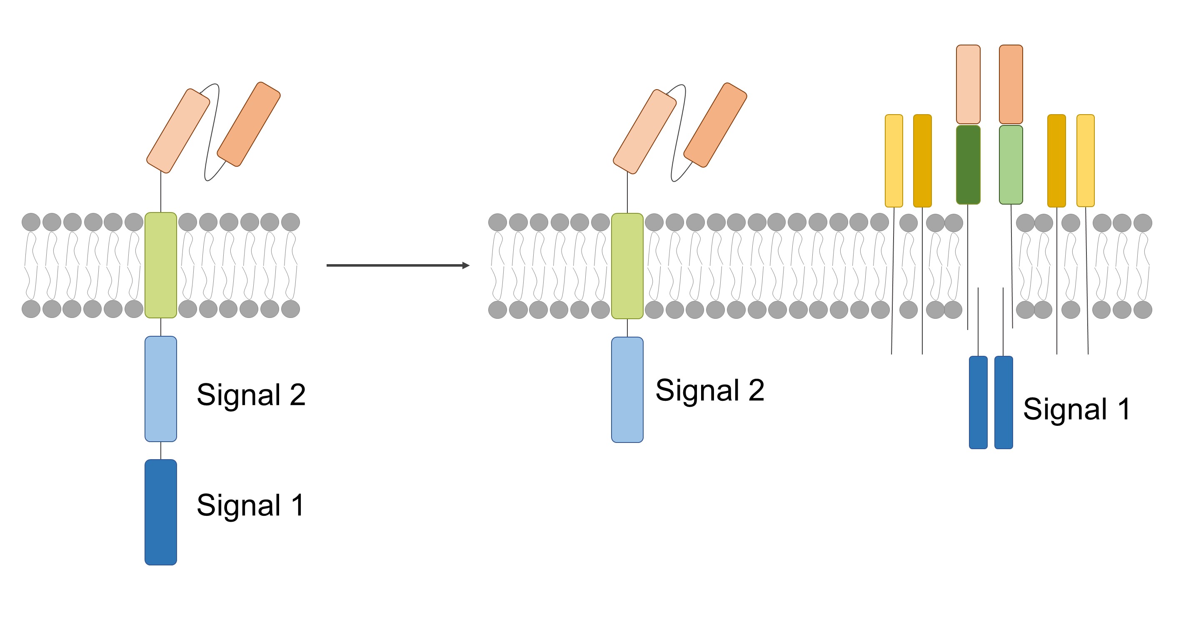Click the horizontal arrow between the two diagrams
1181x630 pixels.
coord(397,265)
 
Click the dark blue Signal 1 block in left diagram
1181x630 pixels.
coord(160,512)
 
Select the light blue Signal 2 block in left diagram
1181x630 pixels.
coord(160,388)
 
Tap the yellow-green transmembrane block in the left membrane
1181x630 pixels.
coord(160,265)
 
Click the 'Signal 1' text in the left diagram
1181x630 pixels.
coord(250,505)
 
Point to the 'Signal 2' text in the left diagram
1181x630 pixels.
coord(251,394)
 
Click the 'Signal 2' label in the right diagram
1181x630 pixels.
coord(710,390)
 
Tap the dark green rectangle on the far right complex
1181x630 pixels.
coord(968,165)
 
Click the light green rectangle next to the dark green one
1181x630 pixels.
coord(1011,165)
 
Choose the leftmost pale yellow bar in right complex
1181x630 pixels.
coord(893,160)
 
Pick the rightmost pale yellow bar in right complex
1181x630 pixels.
coord(1085,160)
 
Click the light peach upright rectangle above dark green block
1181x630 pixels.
coord(968,84)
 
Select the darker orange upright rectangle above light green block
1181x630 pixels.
coord(1011,84)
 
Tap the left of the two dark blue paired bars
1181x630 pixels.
coord(977,402)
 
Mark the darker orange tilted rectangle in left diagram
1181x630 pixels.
coord(248,124)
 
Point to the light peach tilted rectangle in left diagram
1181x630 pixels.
coord(178,131)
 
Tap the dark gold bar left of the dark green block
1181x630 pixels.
coord(922,160)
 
